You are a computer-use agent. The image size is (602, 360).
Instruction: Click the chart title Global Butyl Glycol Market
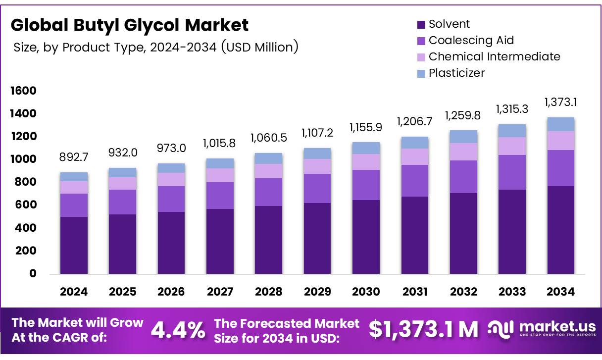click(x=130, y=25)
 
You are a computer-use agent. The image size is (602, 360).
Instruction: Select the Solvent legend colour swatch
click(x=421, y=24)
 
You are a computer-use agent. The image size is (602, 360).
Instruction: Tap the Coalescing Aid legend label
click(x=471, y=40)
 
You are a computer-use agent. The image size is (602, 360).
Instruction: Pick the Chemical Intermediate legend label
click(x=494, y=56)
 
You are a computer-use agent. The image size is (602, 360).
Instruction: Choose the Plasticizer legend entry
click(x=456, y=73)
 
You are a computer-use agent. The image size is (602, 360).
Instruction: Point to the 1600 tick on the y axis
click(x=23, y=91)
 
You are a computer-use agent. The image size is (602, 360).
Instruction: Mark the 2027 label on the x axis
click(x=220, y=292)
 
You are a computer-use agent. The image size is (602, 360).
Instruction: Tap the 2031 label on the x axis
click(x=414, y=292)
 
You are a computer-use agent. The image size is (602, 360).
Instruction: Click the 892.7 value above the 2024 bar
click(x=74, y=158)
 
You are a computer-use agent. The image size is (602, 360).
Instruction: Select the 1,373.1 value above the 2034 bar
click(x=560, y=103)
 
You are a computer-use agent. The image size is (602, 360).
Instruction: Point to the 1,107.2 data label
click(x=317, y=133)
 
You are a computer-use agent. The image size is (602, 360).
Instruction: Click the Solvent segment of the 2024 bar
click(x=74, y=245)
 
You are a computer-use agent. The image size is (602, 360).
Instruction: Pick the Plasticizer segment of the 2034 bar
click(x=560, y=124)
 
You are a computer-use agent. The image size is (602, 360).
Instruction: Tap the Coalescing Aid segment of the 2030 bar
click(x=366, y=185)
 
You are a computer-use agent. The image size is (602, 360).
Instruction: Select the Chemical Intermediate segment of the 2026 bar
click(x=171, y=179)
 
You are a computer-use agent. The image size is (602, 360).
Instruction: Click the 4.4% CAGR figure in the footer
click(x=178, y=330)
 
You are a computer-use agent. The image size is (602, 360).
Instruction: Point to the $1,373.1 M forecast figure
click(x=424, y=329)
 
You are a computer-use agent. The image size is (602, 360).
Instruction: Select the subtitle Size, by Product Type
click(x=155, y=47)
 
